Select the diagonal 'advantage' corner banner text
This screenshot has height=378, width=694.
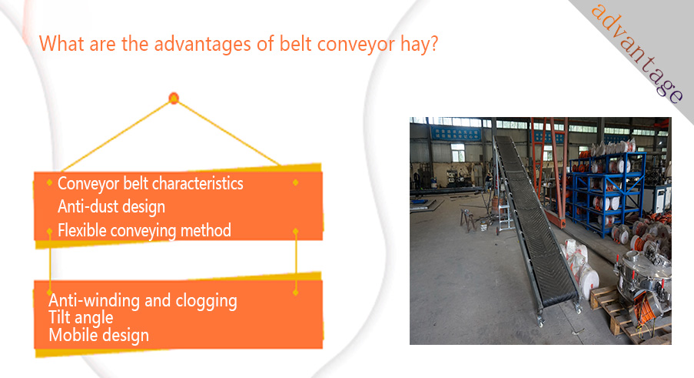637,52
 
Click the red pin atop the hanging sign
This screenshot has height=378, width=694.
174,99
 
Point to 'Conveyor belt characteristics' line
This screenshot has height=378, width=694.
151,183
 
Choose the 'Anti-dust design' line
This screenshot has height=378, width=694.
111,207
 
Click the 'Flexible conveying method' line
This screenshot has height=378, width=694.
144,230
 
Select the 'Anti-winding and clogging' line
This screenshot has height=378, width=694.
142,301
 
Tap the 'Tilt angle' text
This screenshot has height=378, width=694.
81,318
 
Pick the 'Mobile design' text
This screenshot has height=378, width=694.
98,336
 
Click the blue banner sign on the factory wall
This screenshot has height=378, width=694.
455,134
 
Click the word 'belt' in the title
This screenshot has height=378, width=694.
295,45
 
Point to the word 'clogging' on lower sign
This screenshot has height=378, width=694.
206,301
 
